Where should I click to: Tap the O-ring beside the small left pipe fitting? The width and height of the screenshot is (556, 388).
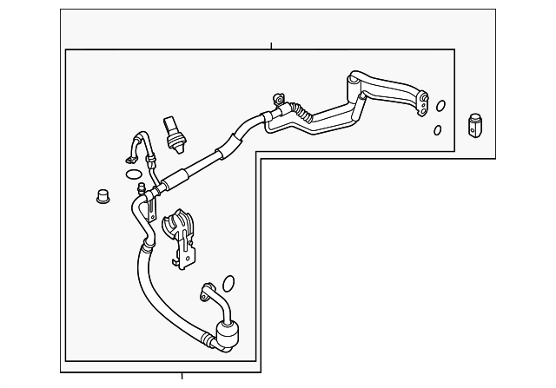pyautogui.click(x=133, y=174)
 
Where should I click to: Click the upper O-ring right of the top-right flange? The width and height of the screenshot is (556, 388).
pyautogui.click(x=440, y=107)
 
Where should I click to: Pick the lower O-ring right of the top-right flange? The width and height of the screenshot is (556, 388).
pyautogui.click(x=436, y=130)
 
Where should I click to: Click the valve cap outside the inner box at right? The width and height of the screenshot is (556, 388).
pyautogui.click(x=474, y=124)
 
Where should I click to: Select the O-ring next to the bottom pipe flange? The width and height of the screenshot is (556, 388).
pyautogui.click(x=228, y=283)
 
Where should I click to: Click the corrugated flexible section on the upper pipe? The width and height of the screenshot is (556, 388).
pyautogui.click(x=301, y=110)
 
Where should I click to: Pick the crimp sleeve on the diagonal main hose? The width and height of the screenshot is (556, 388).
pyautogui.click(x=174, y=179)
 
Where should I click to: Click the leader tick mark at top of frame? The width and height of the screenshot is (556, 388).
pyautogui.click(x=271, y=45)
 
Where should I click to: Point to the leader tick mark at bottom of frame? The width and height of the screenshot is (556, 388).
pyautogui.click(x=182, y=375)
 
